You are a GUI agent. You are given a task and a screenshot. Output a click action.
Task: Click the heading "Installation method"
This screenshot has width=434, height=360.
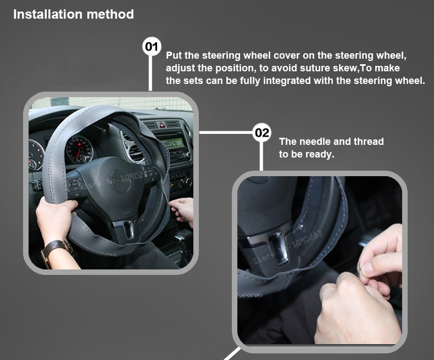tap(74, 14)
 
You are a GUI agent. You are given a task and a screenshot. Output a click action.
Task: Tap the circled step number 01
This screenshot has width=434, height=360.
tap(152, 47)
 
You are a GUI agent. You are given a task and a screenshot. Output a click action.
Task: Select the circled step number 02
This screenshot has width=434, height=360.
tap(261, 132)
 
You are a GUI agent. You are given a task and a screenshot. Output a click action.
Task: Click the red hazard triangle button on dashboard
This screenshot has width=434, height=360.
tap(162, 125)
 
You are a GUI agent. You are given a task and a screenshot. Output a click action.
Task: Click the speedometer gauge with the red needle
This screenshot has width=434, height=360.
tap(80, 150)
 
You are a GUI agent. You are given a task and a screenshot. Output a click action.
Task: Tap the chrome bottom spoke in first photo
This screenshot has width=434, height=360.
tap(128, 229)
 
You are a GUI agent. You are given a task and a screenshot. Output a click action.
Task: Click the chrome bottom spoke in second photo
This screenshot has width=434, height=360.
tap(279, 248)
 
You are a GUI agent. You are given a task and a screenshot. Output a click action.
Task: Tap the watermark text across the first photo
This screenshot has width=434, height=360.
tap(116, 179)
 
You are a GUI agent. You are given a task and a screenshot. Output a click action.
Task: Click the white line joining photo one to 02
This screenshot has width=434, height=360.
tap(226, 132)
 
